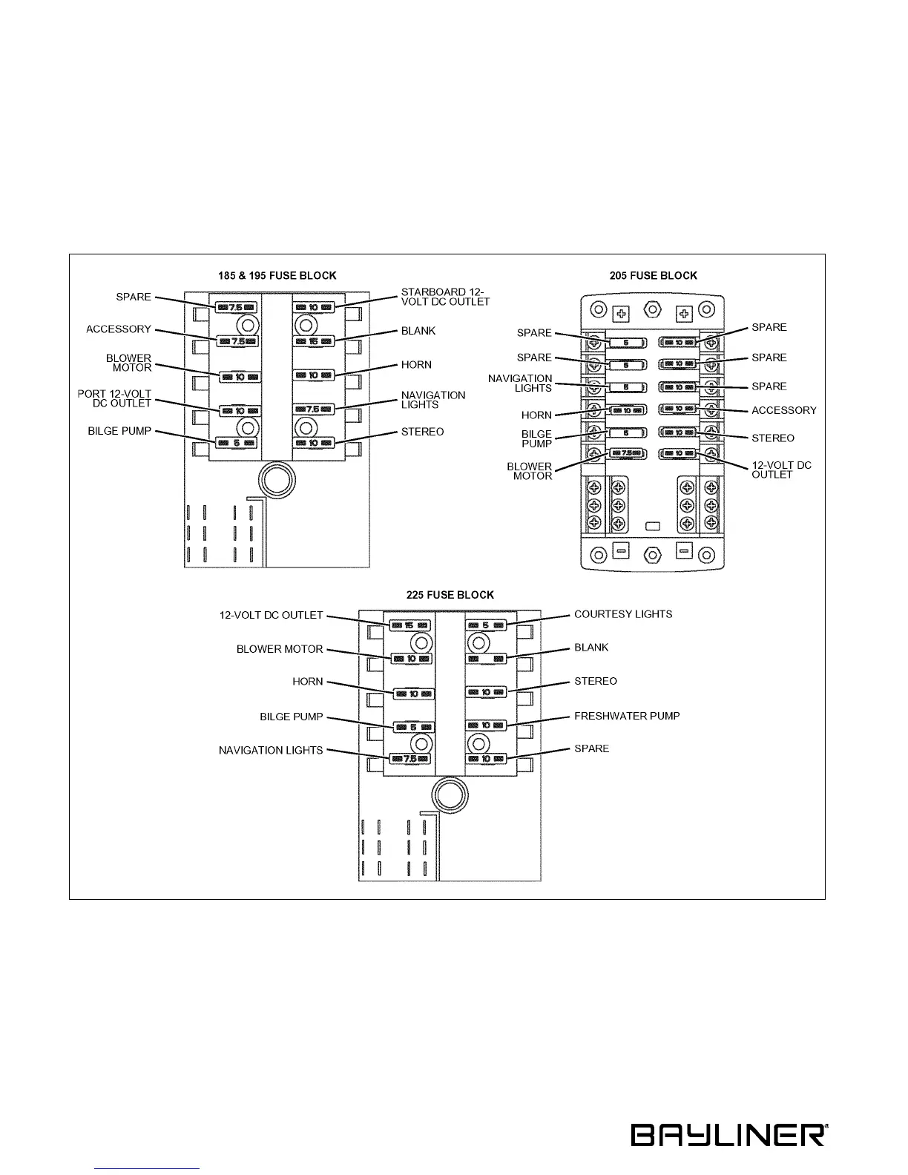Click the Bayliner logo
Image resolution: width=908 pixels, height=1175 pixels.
[729, 1135]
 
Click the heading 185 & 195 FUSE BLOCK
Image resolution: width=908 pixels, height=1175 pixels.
[277, 276]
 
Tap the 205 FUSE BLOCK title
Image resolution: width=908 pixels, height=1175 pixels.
[654, 276]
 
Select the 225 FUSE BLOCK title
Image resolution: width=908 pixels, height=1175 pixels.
[450, 595]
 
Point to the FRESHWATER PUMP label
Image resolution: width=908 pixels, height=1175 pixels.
[627, 717]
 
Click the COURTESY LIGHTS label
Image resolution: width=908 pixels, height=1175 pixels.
[623, 614]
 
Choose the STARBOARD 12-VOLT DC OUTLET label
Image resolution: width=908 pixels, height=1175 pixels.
[445, 297]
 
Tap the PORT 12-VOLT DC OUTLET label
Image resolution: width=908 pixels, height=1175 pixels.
[115, 398]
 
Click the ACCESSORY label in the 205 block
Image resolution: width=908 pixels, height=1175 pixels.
[783, 410]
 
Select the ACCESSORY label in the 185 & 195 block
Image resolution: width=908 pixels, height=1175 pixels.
[119, 329]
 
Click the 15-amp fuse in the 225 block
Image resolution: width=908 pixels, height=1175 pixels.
[409, 625]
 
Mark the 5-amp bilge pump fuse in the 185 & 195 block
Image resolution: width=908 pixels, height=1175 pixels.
[237, 443]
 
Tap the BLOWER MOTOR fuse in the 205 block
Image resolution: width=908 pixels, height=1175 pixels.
[627, 453]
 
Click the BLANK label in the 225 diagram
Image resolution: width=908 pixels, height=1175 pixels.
[591, 648]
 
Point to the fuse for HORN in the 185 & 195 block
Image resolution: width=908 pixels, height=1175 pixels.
[313, 375]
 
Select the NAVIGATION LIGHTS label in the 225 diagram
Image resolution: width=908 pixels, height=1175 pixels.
[271, 751]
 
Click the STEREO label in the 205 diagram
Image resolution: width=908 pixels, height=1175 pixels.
[772, 438]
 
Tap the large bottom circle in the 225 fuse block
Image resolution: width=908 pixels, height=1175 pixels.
[450, 795]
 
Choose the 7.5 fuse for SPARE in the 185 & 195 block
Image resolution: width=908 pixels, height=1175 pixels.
[237, 307]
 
